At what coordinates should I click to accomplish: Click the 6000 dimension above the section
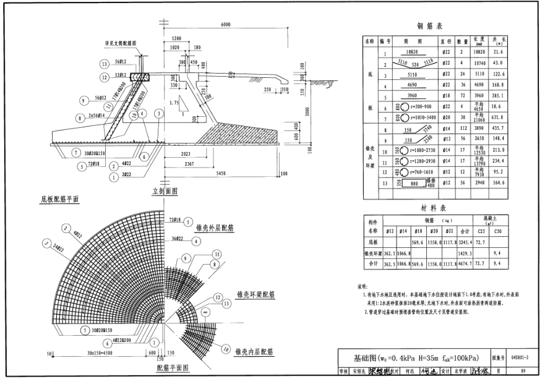(225, 25)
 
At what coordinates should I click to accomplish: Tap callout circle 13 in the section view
(102, 64)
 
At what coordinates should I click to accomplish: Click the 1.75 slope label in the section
(177, 102)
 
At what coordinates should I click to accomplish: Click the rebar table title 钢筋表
(430, 26)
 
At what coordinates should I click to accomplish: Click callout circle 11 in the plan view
(216, 253)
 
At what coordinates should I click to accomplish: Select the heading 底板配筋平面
(59, 199)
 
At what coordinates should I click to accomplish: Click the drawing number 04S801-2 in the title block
(519, 357)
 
